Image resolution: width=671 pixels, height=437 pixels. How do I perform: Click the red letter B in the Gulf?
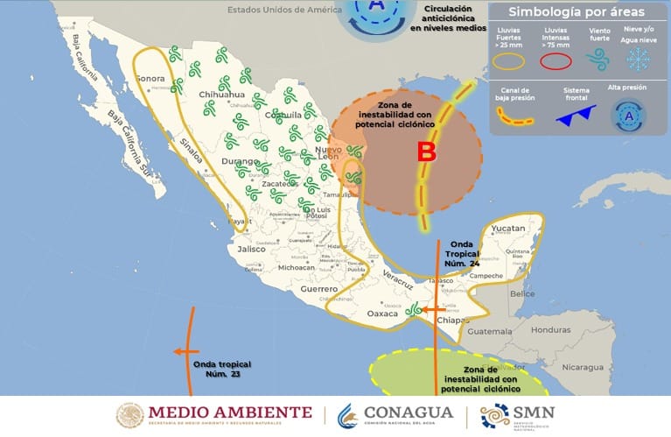(x=426, y=152)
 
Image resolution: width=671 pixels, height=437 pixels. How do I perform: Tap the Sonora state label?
(x=151, y=79)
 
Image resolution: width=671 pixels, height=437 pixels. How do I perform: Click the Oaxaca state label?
(x=381, y=313)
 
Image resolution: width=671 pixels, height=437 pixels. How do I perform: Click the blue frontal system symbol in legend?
(x=577, y=111)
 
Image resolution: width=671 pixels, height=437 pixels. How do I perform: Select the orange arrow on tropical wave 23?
(x=185, y=351)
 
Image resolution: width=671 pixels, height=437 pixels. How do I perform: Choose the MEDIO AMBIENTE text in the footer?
(x=229, y=412)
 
